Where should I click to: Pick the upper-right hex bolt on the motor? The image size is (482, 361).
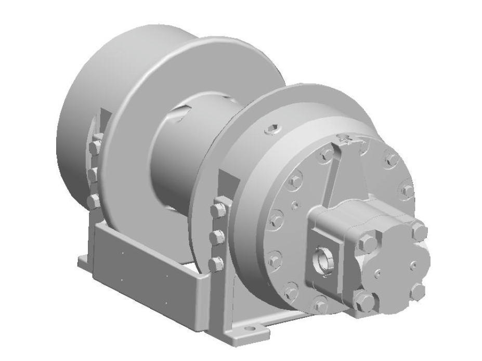[420, 231]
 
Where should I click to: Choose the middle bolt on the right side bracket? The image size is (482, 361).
[217, 238]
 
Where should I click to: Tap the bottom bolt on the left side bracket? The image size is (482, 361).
[93, 200]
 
